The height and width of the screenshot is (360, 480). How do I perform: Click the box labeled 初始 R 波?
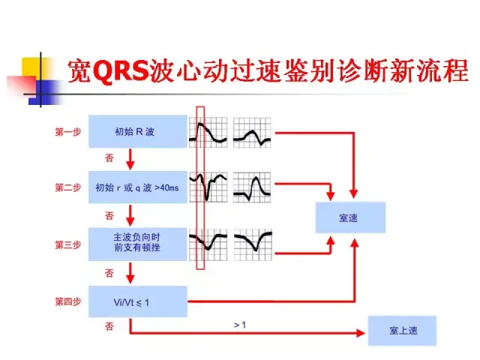coord(137,132)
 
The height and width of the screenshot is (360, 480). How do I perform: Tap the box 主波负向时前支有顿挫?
coord(137,244)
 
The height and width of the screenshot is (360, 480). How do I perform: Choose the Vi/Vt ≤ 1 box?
coord(137,301)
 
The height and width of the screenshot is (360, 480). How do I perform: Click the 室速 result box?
coord(352,217)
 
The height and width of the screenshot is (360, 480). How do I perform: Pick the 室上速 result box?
coord(400,330)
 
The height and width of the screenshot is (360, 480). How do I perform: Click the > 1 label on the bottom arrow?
coord(240,325)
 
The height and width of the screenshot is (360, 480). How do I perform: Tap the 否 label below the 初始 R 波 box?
coord(109,158)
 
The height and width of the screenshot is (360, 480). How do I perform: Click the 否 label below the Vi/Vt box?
coord(109,327)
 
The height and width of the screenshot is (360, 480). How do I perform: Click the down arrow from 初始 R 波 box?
coord(130,158)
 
